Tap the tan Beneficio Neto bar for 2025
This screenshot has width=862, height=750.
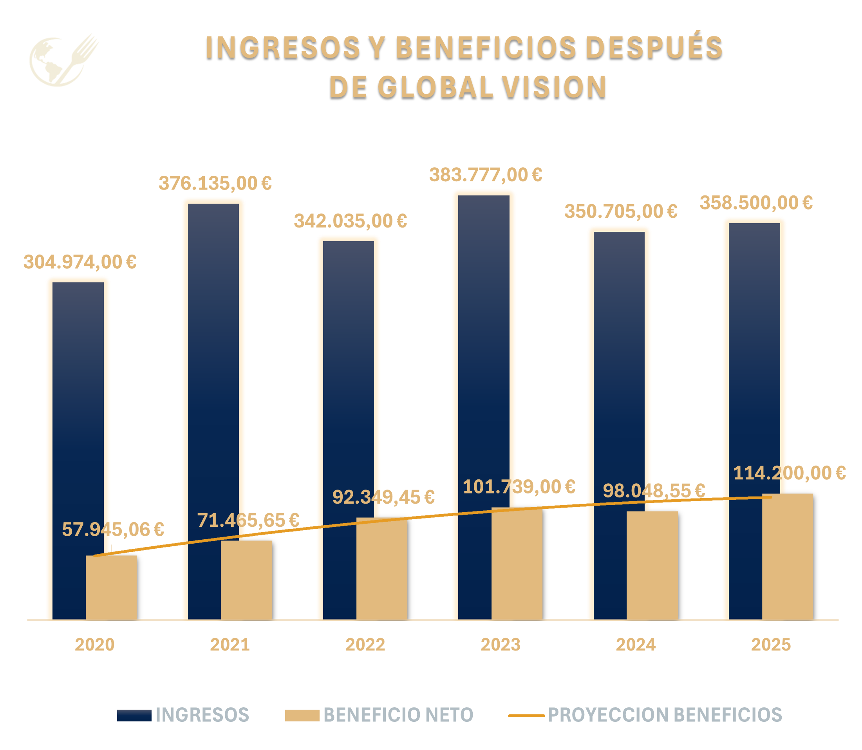point(788,556)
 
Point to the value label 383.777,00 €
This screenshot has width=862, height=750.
point(485,175)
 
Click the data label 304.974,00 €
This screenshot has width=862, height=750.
point(80,262)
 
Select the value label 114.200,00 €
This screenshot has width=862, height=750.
point(789,473)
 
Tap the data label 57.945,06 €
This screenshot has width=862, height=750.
point(113,530)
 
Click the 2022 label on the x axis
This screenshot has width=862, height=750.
point(365,645)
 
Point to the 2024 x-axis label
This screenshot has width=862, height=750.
point(635,645)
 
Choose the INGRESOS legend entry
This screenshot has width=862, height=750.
point(202,715)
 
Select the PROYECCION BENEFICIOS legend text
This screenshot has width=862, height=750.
point(665,715)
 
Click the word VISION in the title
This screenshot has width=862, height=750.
point(554,87)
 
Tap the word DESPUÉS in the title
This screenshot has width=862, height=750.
point(654,47)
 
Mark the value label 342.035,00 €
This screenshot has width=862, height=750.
point(350,221)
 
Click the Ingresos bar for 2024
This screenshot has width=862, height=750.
point(610,368)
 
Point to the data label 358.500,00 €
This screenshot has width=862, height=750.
point(756,203)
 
